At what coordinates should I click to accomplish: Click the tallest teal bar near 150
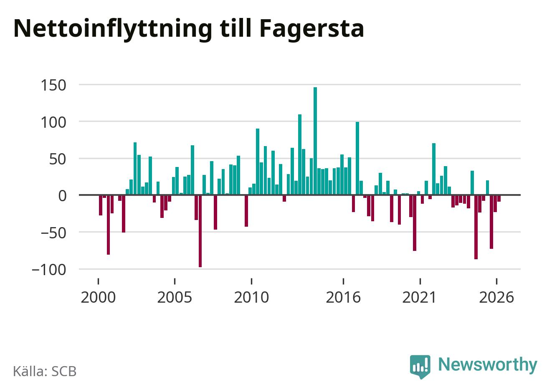pyautogui.click(x=315, y=141)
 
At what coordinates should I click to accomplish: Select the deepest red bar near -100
pyautogui.click(x=200, y=231)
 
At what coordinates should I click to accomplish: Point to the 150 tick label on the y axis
pyautogui.click(x=53, y=86)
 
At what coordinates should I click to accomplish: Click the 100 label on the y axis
pyautogui.click(x=53, y=122)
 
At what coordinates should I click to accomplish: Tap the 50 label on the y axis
pyautogui.click(x=58, y=159)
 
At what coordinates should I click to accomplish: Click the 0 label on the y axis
pyautogui.click(x=62, y=196)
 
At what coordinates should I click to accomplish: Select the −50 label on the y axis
pyautogui.click(x=53, y=233)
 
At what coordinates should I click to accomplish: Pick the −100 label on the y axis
pyautogui.click(x=49, y=270)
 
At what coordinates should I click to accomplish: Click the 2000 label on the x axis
pyautogui.click(x=98, y=297)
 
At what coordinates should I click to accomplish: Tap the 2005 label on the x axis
pyautogui.click(x=175, y=297)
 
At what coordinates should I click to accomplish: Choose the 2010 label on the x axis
pyautogui.click(x=251, y=297)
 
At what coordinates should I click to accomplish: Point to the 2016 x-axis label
pyautogui.click(x=343, y=297)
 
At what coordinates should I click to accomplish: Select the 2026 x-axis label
pyautogui.click(x=496, y=297)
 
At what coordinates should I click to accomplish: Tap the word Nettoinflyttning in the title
pyautogui.click(x=113, y=30)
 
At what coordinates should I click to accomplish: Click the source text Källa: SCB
pyautogui.click(x=45, y=371)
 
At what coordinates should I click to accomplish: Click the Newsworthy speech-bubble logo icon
pyautogui.click(x=420, y=366)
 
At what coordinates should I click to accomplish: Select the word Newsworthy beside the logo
pyautogui.click(x=488, y=364)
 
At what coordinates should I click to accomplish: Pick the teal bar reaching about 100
pyautogui.click(x=357, y=158)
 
